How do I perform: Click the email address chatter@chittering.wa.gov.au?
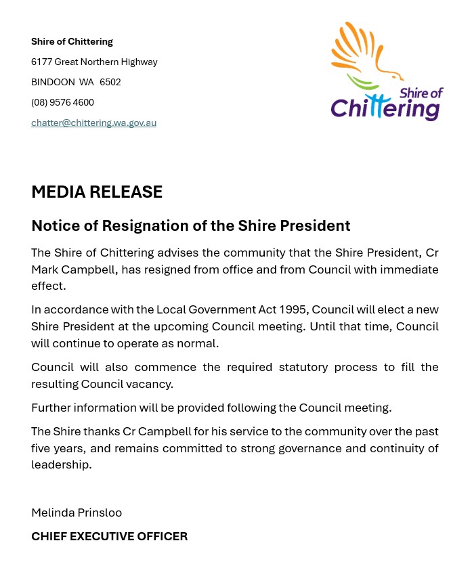(93, 123)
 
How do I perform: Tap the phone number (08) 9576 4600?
(62, 103)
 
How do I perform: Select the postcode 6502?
(110, 83)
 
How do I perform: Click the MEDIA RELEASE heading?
(97, 192)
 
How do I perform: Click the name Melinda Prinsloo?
(77, 513)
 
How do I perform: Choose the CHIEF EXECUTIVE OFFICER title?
(109, 537)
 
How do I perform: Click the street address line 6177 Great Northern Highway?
(94, 62)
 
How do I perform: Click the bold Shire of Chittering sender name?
(72, 42)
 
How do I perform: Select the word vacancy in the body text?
(152, 384)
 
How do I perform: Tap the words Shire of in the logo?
(421, 93)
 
